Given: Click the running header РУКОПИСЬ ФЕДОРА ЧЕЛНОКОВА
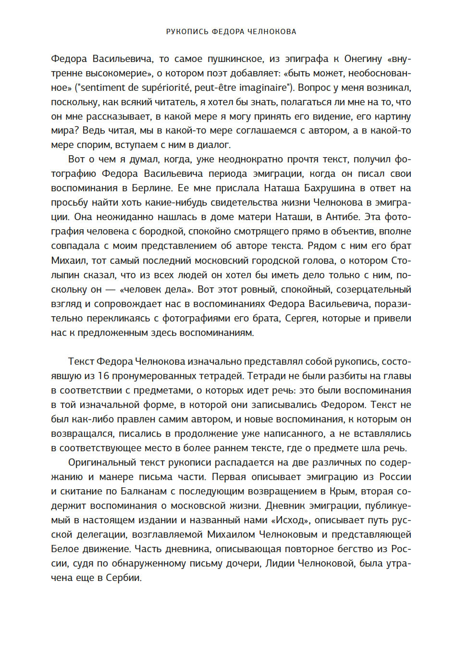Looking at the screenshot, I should tap(231, 32).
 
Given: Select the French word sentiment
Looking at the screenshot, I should tap(101, 88).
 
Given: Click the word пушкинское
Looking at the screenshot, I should tap(235, 59).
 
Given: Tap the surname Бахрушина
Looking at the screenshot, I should tap(330, 188).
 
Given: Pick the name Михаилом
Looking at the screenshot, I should tap(230, 534).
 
